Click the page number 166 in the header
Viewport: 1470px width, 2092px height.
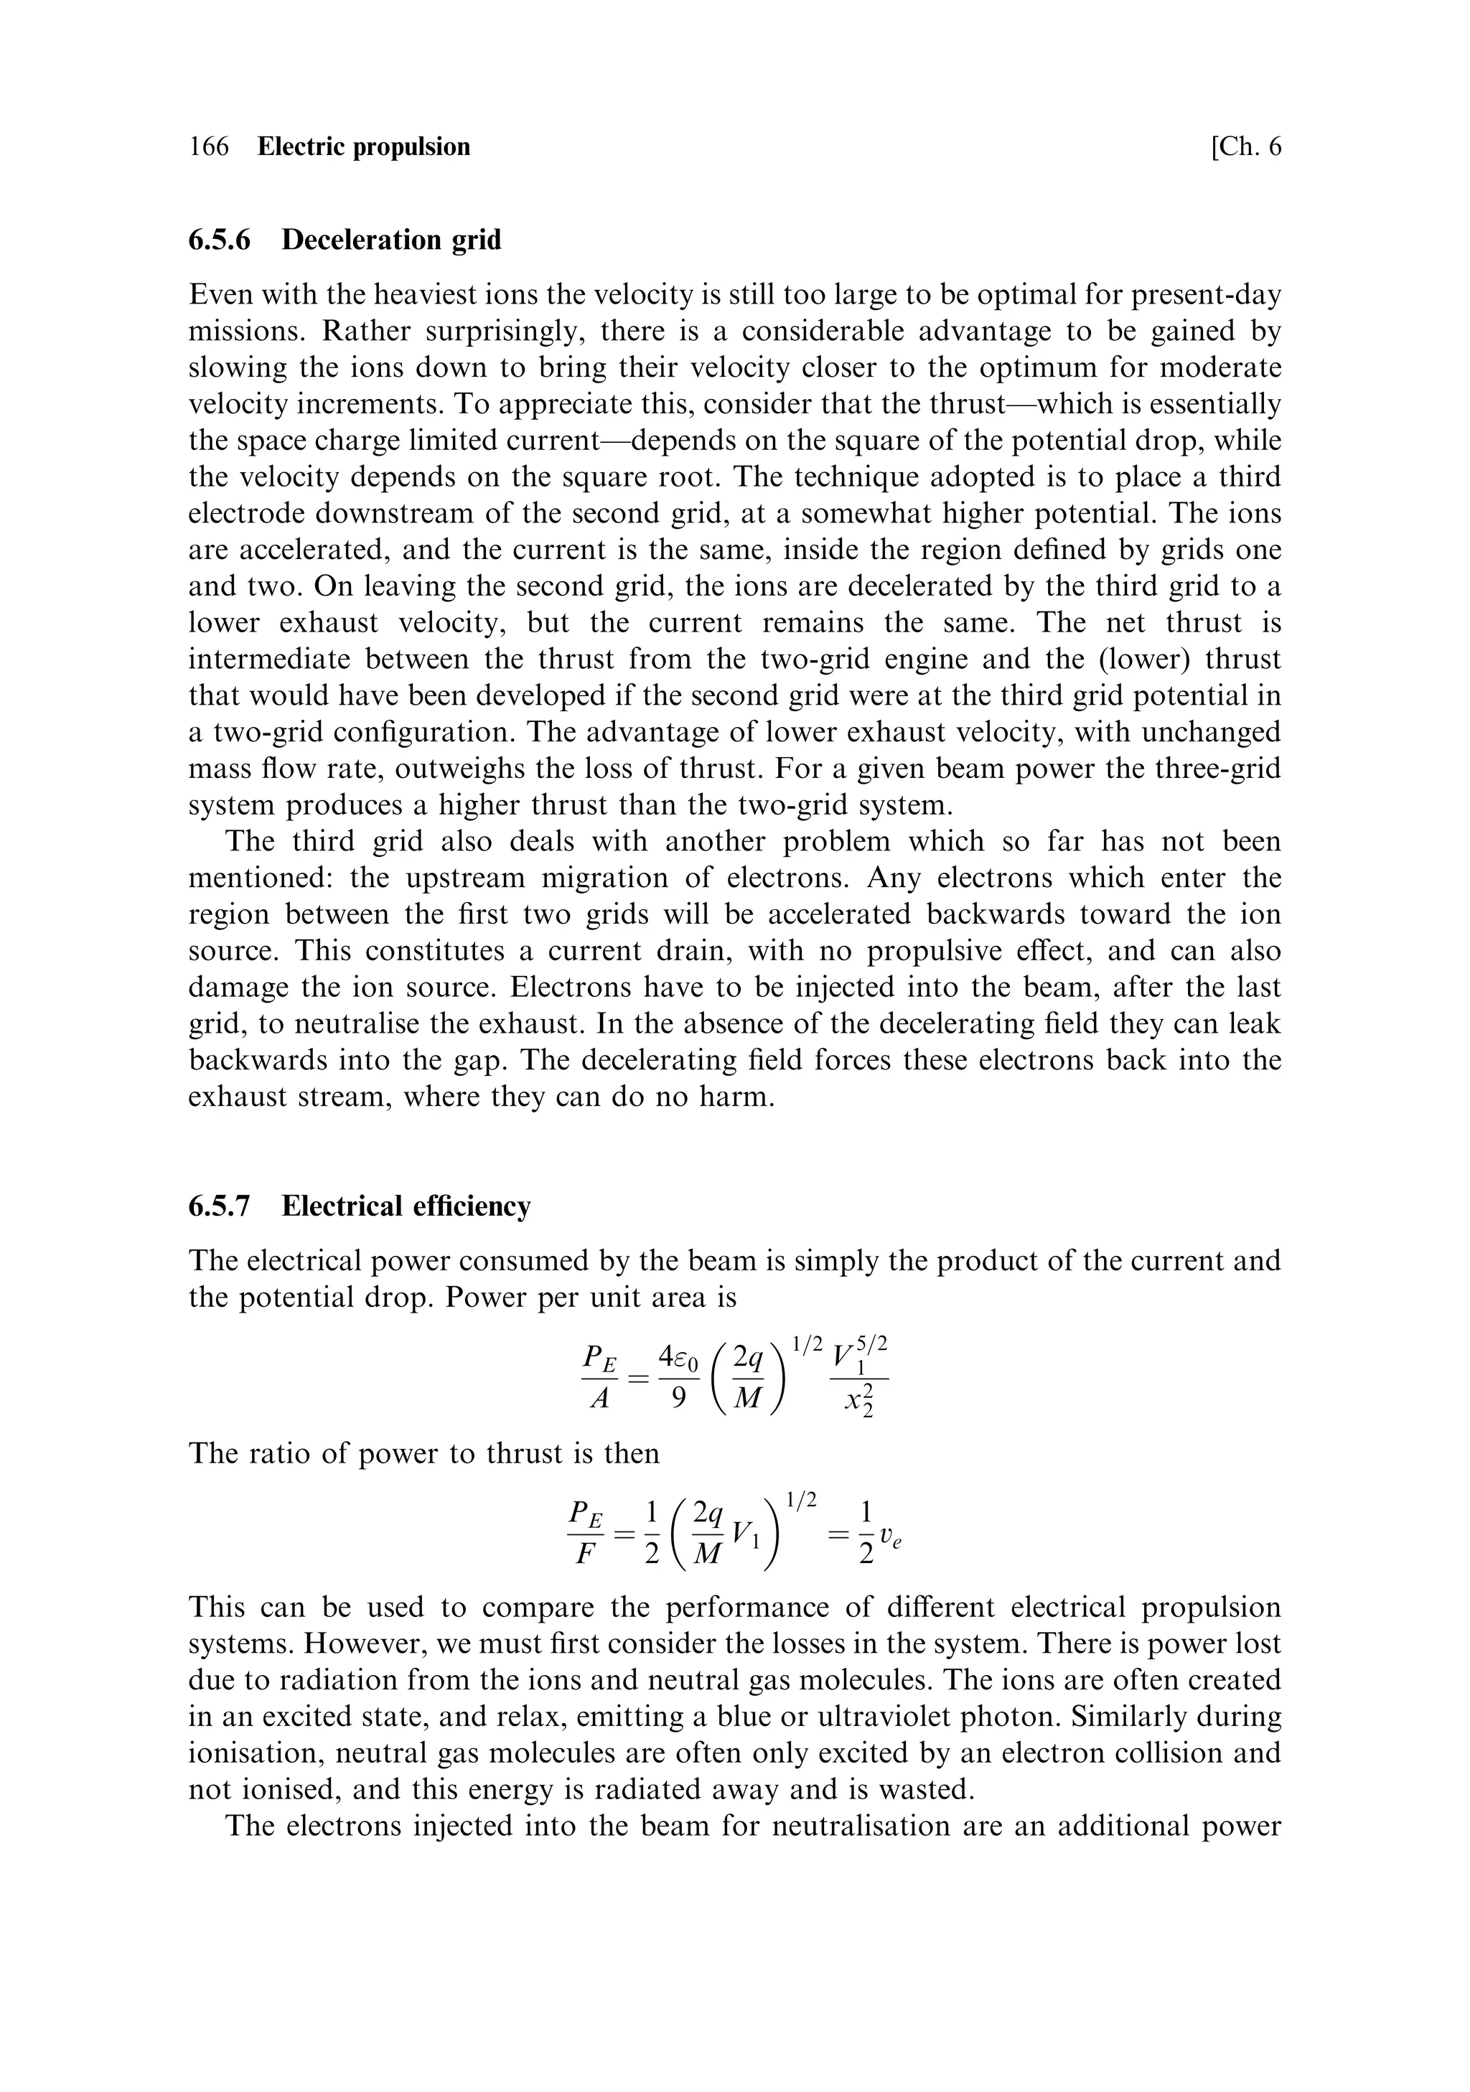click(x=209, y=146)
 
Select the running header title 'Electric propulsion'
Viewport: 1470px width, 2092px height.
click(x=364, y=146)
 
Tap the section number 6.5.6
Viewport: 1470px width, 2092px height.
click(x=220, y=240)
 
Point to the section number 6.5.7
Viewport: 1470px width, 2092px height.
click(x=220, y=1206)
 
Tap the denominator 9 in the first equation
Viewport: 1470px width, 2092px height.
click(x=678, y=1397)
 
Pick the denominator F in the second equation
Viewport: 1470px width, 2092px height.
click(x=584, y=1552)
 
